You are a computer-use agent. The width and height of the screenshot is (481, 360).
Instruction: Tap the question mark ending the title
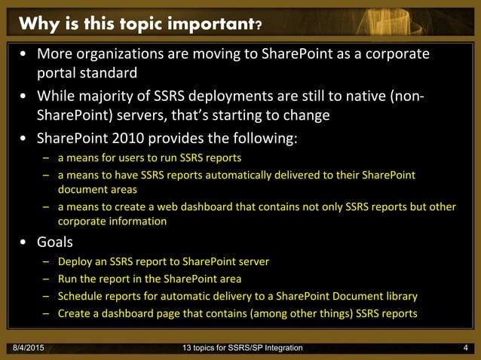coord(259,28)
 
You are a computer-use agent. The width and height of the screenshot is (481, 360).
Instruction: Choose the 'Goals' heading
coord(60,243)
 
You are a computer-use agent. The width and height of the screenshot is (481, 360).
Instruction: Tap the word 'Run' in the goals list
coord(68,279)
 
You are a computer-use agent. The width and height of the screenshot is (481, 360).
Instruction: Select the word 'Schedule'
coord(81,296)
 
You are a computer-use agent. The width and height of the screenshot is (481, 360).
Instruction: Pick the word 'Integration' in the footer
coord(278,347)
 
